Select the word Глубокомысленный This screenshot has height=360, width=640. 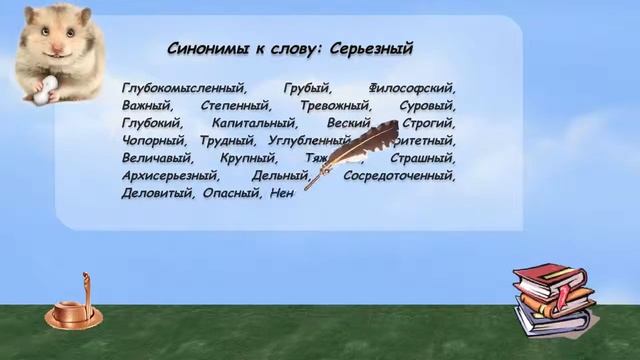pyautogui.click(x=182, y=88)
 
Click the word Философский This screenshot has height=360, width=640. pyautogui.click(x=412, y=88)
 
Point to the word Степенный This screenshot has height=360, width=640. pyautogui.click(x=237, y=105)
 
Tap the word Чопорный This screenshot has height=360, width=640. pyautogui.click(x=153, y=141)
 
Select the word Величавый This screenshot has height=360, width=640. pyautogui.click(x=155, y=158)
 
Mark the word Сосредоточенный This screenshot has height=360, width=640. pyautogui.click(x=399, y=176)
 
